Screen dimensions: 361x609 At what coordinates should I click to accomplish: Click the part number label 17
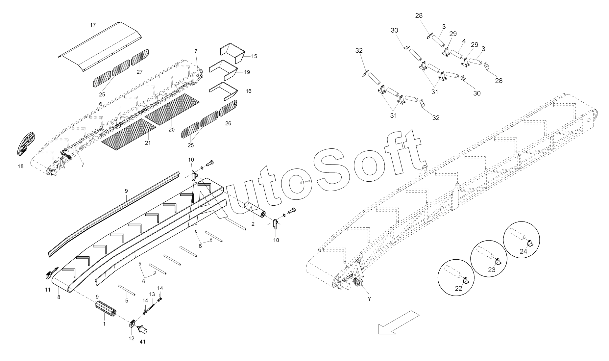click(93, 25)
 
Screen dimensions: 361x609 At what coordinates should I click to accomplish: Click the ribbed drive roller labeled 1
click(105, 310)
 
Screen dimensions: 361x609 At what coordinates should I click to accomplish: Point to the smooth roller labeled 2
click(254, 209)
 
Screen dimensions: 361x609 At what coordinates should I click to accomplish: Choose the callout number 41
click(142, 342)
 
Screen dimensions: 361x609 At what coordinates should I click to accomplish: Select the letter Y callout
click(369, 299)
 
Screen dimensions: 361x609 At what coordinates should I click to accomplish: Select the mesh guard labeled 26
click(228, 108)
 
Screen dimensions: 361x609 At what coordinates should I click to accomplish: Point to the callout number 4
click(464, 41)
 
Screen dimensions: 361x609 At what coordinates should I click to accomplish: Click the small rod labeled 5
click(126, 291)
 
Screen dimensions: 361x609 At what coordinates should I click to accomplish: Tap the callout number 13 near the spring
click(152, 294)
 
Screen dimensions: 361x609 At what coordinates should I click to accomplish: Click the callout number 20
click(172, 130)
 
